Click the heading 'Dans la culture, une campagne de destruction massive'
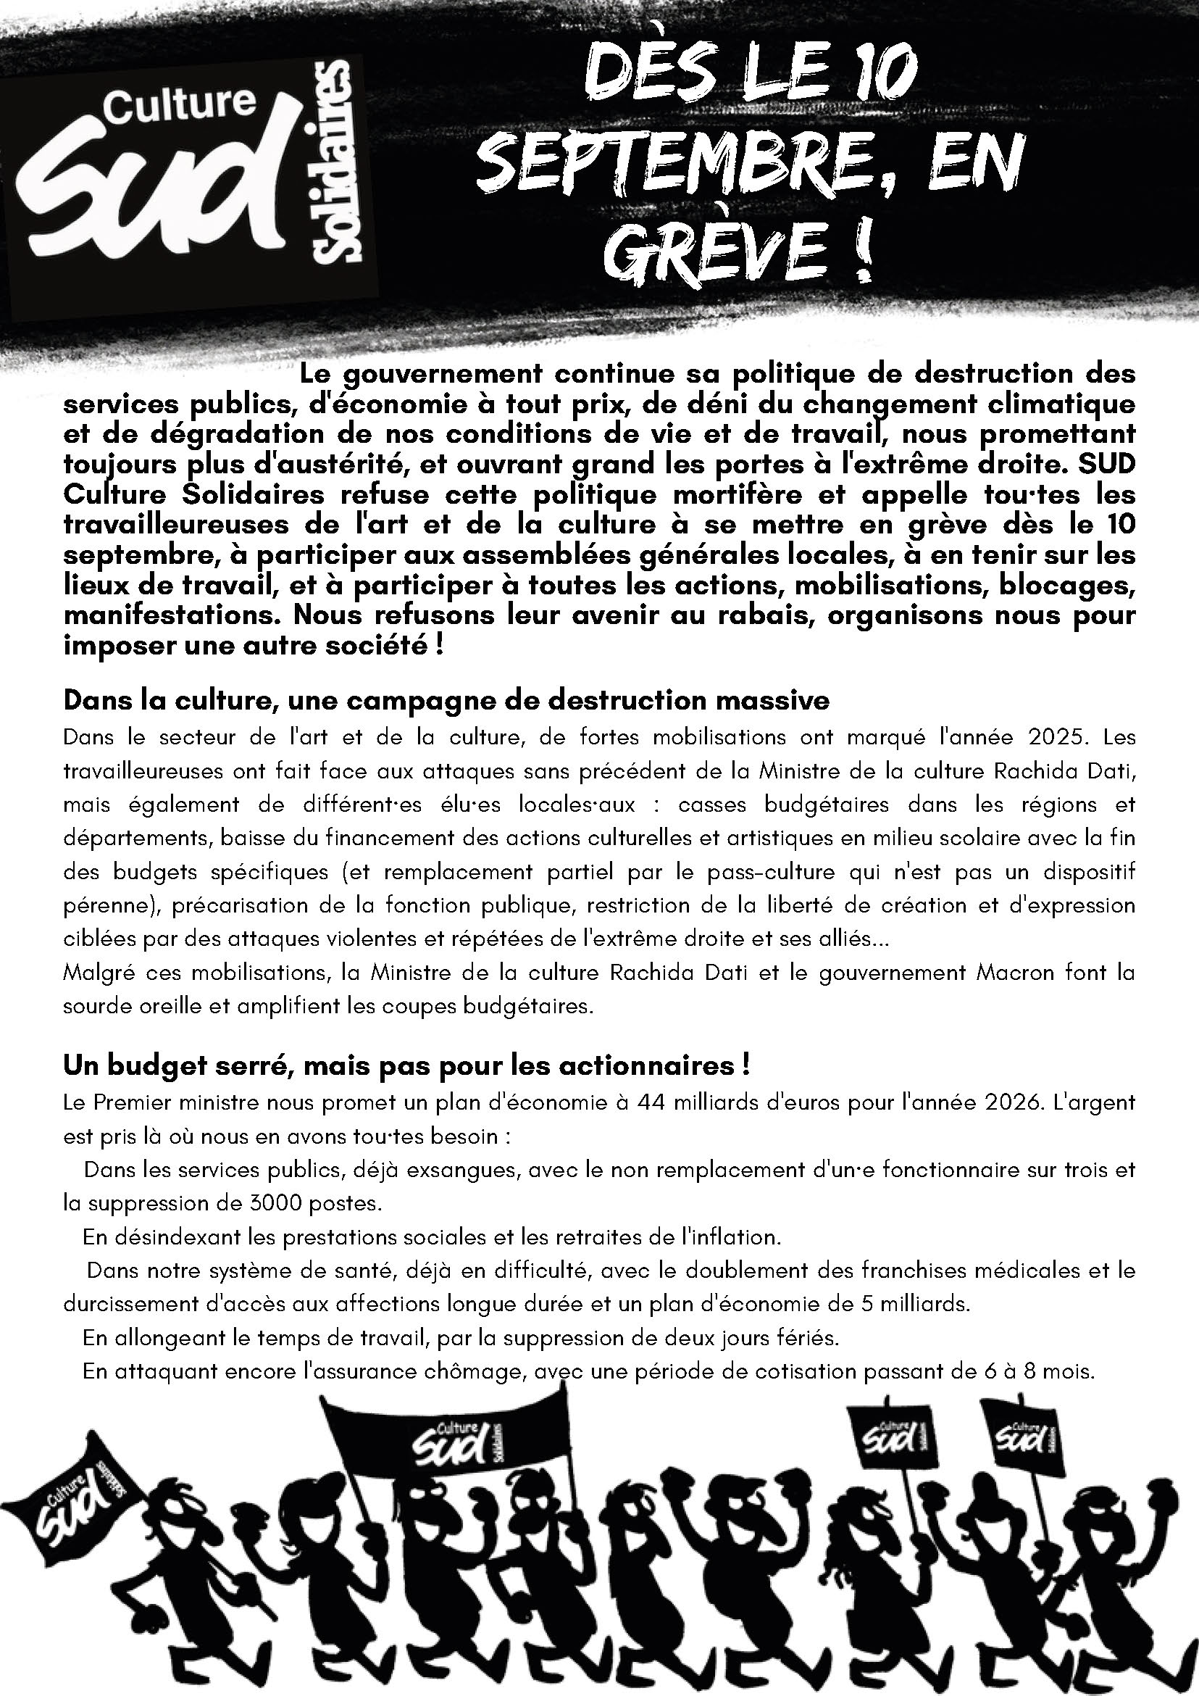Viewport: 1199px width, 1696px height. (447, 699)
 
